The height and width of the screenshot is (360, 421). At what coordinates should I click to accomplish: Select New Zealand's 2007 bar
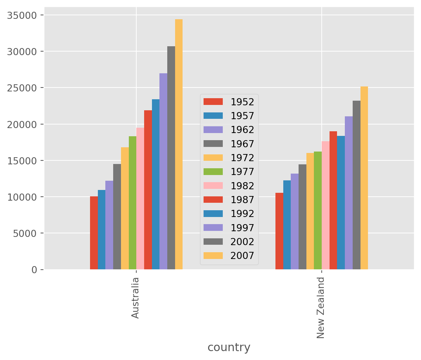click(x=364, y=178)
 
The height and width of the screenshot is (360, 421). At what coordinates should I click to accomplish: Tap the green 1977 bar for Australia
click(x=132, y=203)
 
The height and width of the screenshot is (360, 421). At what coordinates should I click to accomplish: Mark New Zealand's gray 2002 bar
click(x=357, y=185)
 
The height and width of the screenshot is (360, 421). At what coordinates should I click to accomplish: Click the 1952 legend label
click(x=242, y=102)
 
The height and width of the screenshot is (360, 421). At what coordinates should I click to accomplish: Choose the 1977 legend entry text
click(x=242, y=172)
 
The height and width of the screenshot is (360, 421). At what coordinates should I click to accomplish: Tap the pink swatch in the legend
click(x=213, y=186)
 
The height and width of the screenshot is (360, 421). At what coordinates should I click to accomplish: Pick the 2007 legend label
click(x=242, y=256)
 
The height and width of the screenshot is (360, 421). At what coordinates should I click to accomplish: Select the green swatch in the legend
click(x=213, y=172)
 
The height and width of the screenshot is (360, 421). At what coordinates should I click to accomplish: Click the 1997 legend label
click(x=242, y=228)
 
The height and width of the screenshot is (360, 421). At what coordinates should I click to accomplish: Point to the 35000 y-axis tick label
click(x=22, y=15)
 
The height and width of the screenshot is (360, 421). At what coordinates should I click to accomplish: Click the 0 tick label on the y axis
click(x=34, y=270)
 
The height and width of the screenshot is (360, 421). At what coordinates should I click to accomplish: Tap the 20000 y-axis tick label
click(x=22, y=125)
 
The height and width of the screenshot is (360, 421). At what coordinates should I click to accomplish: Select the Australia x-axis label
click(x=135, y=298)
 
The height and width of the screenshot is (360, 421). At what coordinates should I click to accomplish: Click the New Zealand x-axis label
click(x=321, y=308)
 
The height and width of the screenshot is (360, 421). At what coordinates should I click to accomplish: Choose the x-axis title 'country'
click(x=229, y=347)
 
